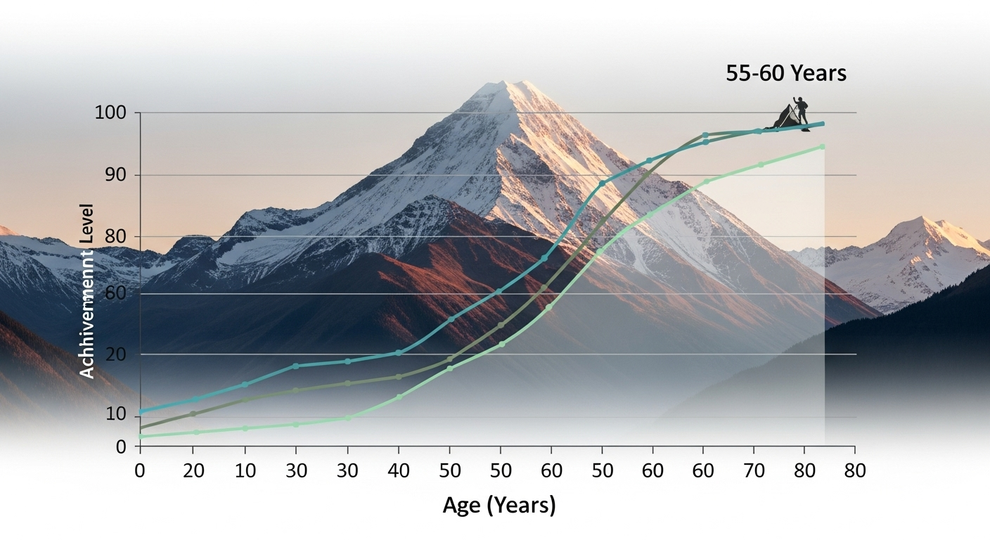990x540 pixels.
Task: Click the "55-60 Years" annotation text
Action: pos(786,74)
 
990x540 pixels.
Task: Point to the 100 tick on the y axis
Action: pos(110,112)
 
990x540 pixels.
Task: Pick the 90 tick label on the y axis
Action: pos(115,175)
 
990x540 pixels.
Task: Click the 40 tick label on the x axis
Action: pos(398,470)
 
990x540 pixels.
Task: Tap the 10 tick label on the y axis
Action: pos(115,416)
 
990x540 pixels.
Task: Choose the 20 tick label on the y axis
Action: pos(115,354)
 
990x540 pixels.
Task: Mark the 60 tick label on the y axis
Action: pos(115,294)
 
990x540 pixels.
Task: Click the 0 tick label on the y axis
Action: pos(120,446)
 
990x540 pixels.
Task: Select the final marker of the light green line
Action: pos(822,146)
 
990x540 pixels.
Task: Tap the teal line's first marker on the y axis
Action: pos(141,411)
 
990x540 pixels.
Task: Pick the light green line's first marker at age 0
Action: pos(141,437)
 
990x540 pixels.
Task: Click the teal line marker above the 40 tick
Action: pos(399,352)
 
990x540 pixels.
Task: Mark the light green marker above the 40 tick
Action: pos(399,397)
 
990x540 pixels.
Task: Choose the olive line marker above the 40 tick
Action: pos(399,377)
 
